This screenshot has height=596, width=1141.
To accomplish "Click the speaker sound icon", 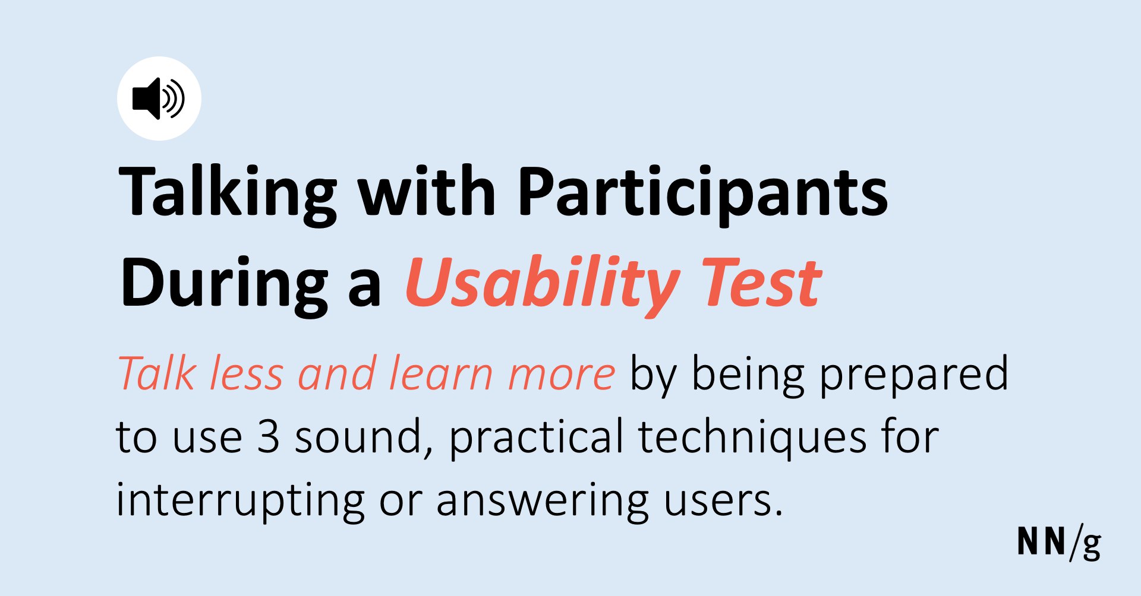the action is (x=159, y=99).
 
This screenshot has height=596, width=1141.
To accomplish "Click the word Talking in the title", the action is (x=228, y=193).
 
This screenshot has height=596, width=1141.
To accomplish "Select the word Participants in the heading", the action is (x=703, y=193).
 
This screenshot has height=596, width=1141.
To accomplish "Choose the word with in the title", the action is (x=427, y=190).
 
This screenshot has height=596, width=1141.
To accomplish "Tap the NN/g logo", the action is (x=1059, y=543).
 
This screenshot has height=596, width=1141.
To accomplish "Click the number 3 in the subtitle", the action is (x=268, y=437).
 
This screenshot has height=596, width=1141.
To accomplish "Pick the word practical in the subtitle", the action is (x=535, y=438).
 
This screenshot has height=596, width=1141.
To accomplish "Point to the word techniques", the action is (x=752, y=438).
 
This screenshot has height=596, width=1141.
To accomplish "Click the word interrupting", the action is (x=240, y=500).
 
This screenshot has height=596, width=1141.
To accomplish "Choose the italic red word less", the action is (x=245, y=374).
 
